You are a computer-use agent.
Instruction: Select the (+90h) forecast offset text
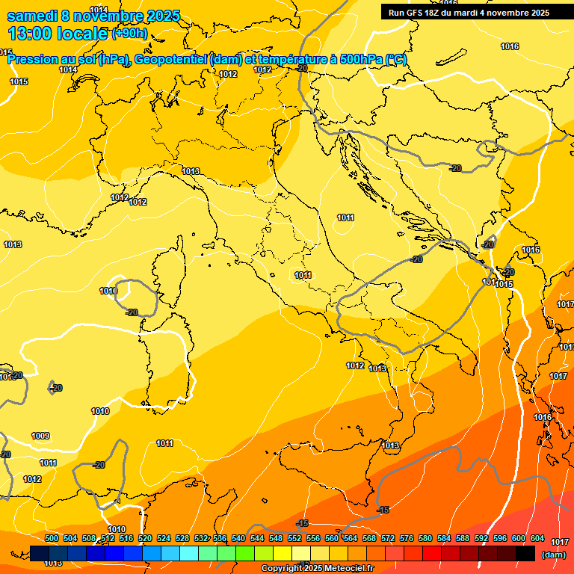tap(129, 34)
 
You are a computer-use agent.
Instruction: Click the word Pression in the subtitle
tap(34, 60)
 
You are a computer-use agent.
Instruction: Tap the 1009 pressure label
tap(40, 436)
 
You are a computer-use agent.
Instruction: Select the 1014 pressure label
tap(68, 70)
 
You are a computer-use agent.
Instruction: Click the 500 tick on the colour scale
tap(52, 538)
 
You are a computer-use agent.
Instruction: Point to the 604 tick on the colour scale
tap(537, 538)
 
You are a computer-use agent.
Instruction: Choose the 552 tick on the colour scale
tap(294, 538)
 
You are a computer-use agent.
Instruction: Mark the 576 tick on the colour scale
tap(407, 538)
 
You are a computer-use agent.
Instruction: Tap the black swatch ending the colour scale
tap(525, 553)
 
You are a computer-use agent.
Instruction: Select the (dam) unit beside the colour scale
tap(554, 554)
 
